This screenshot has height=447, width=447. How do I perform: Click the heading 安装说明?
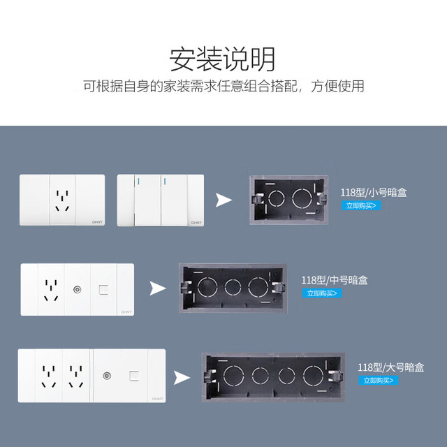[x=222, y=59]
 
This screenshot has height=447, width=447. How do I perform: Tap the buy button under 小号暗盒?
[x=361, y=205]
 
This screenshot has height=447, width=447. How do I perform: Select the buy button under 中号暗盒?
[x=322, y=293]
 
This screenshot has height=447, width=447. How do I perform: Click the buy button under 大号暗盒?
[x=379, y=380]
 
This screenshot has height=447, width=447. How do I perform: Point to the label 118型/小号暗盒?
[x=374, y=193]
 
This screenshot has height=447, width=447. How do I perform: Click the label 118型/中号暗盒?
[x=335, y=280]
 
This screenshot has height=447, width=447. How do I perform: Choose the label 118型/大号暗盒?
[x=391, y=367]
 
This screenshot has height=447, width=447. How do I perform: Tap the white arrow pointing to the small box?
[x=223, y=200]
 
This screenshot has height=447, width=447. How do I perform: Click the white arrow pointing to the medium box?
[x=158, y=288]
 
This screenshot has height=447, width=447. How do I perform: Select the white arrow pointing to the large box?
[x=182, y=378]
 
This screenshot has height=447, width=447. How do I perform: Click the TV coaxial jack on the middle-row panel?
[x=77, y=290]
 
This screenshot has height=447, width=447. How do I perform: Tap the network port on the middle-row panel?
[x=103, y=290]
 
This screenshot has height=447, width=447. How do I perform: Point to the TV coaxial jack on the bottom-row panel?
[x=107, y=376]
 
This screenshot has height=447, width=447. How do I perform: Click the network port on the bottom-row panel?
[x=134, y=376]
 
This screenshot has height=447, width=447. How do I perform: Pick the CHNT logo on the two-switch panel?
[x=196, y=223]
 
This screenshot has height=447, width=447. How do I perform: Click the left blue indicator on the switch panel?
[x=139, y=182]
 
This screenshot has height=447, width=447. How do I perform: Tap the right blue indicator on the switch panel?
[x=166, y=182]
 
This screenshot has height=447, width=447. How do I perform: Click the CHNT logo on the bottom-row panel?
[x=158, y=399]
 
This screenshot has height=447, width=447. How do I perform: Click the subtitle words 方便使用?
[x=337, y=86]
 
